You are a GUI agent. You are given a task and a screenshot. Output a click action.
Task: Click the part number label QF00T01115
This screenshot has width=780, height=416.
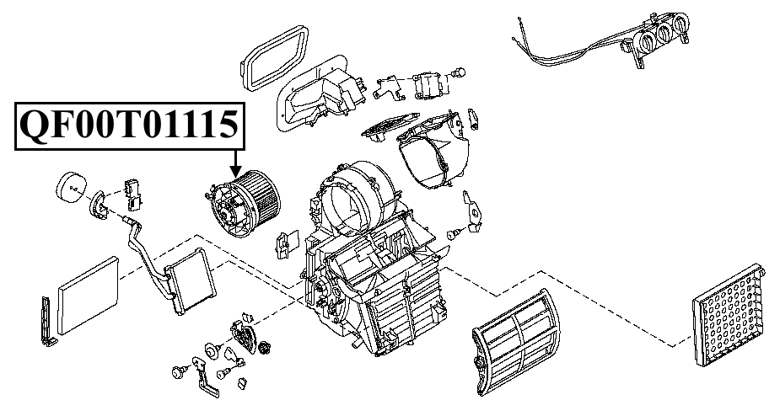(129, 125)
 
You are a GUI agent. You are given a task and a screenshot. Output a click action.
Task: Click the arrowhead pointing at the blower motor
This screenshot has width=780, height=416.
(236, 173)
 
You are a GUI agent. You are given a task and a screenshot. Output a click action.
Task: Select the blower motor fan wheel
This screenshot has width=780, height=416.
(244, 204)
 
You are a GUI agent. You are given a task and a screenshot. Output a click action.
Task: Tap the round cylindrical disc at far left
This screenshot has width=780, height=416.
(70, 188)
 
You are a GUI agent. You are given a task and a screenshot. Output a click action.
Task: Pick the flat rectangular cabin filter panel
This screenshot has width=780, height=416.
(89, 296)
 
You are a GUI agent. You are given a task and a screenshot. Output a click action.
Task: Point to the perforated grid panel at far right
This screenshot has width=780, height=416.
(729, 316)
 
